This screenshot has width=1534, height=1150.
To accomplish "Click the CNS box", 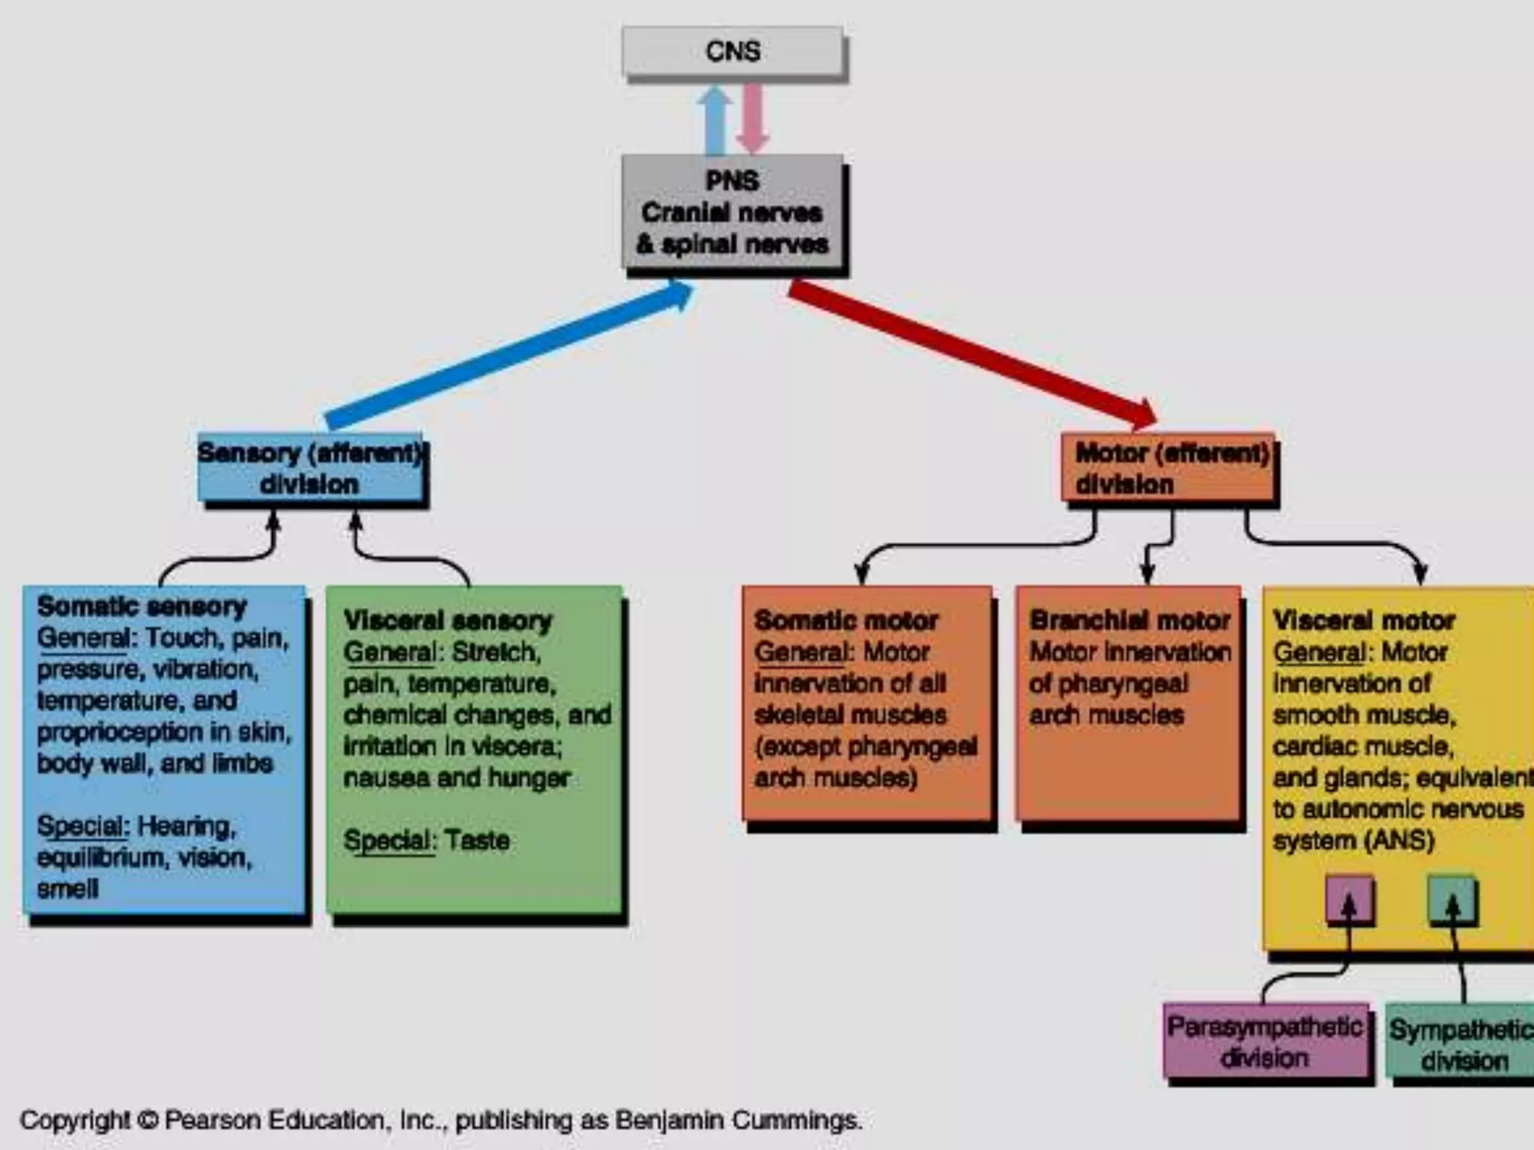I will click(x=733, y=51).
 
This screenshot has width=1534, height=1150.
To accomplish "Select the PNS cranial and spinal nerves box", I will click(x=733, y=212).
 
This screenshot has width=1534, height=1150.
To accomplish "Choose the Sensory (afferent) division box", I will click(x=310, y=468).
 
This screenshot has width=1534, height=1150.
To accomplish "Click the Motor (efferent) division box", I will click(x=1168, y=468).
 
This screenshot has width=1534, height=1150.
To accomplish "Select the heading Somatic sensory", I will click(x=142, y=606).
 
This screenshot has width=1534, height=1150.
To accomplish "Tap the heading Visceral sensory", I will click(x=447, y=620).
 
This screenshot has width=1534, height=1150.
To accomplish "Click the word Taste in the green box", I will click(x=476, y=840).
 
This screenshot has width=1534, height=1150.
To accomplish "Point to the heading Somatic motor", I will click(x=846, y=620).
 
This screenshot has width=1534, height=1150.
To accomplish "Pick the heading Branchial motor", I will click(x=1130, y=620).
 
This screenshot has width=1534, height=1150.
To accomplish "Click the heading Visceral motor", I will click(x=1363, y=620).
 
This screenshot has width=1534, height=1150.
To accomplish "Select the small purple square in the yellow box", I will click(x=1349, y=899).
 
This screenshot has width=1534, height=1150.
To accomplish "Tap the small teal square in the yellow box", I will click(x=1452, y=899).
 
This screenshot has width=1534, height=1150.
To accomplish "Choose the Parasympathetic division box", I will click(x=1266, y=1041).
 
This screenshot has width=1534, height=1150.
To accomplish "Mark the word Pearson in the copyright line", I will click(x=212, y=1120).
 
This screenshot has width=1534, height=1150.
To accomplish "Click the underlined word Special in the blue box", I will click(x=81, y=826).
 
